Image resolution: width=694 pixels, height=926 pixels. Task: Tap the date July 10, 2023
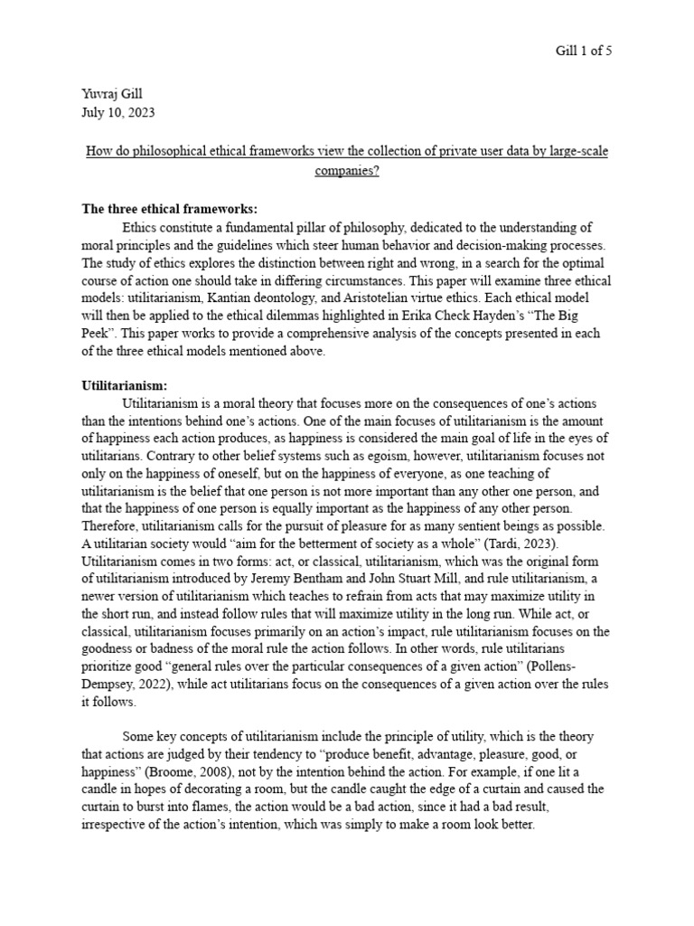pos(118,112)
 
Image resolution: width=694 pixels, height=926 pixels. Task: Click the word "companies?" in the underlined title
pos(347,170)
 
